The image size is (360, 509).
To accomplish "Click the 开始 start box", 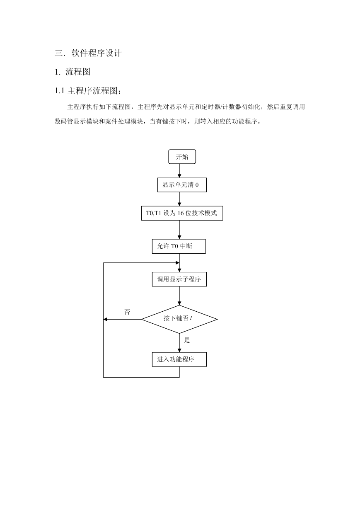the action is tap(182, 157).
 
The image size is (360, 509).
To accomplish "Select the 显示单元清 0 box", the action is tap(182, 185).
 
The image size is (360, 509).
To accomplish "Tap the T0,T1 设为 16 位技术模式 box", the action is tap(182, 213).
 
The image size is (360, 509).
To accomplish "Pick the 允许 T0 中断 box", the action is tap(179, 246).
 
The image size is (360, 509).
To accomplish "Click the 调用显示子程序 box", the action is tap(179, 279).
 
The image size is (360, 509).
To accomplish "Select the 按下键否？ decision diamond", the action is tap(179, 319).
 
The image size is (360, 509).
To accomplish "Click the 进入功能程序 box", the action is tap(179, 359).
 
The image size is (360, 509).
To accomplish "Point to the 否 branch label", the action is tap(127, 312).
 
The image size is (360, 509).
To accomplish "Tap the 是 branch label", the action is tap(187, 340).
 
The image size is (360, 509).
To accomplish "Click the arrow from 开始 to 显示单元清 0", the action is tap(179, 171).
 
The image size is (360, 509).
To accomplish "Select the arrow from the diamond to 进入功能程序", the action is tap(179, 343).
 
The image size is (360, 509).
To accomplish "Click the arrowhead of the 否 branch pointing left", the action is tap(105, 319).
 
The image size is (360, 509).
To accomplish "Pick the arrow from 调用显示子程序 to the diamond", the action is tap(179, 296).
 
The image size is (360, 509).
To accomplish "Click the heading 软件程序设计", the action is tap(97, 53).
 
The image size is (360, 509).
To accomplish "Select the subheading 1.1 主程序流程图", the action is tap(88, 91).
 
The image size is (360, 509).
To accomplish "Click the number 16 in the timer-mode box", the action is tap(181, 213).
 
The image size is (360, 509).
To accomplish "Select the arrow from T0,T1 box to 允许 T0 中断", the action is tap(179, 230).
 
